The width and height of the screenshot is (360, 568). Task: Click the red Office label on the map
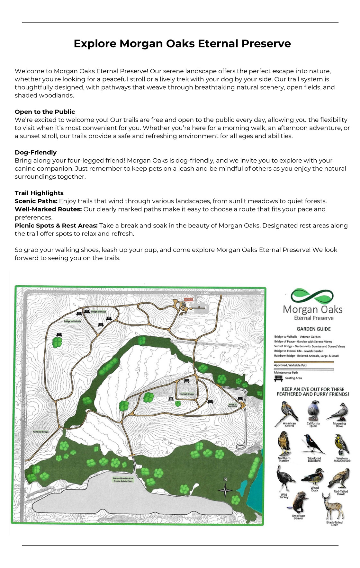point(189,299)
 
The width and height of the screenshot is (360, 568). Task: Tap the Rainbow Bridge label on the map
point(40,432)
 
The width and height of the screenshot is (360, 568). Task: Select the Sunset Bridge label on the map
point(187,394)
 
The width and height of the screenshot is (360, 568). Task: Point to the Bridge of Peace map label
point(98,312)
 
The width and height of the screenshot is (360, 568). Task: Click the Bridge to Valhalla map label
point(72,321)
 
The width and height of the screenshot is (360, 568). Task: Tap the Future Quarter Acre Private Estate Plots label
point(123,480)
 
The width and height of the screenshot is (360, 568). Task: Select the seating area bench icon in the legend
point(278,378)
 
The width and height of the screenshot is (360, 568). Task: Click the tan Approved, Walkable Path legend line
point(304,362)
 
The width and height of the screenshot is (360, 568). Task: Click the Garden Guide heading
point(313,329)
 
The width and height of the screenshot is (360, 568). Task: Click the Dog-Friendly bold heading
point(36,152)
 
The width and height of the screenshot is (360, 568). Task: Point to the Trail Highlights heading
point(39,193)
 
